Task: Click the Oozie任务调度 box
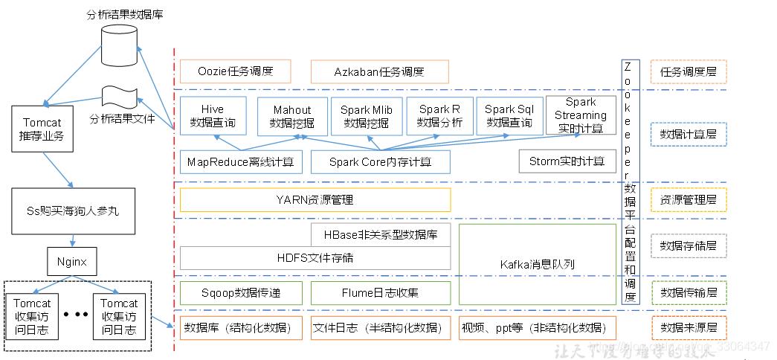pyautogui.click(x=235, y=72)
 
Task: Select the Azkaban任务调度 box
pyautogui.click(x=379, y=72)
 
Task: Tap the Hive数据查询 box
pyautogui.click(x=213, y=116)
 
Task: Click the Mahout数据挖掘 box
pyautogui.click(x=292, y=116)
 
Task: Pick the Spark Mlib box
pyautogui.click(x=366, y=116)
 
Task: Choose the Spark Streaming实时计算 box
pyautogui.click(x=581, y=115)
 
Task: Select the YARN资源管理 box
pyautogui.click(x=315, y=200)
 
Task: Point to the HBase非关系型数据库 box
pyautogui.click(x=381, y=235)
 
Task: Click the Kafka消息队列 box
pyautogui.click(x=537, y=263)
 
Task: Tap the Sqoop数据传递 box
pyautogui.click(x=241, y=292)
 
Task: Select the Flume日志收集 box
pyautogui.click(x=381, y=292)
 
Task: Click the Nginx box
pyautogui.click(x=72, y=262)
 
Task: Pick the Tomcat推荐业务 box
pyautogui.click(x=42, y=129)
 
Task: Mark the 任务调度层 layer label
pyautogui.click(x=688, y=72)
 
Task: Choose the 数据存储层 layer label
pyautogui.click(x=688, y=245)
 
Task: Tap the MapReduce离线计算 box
pyautogui.click(x=241, y=161)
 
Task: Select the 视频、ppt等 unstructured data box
pyautogui.click(x=537, y=328)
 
